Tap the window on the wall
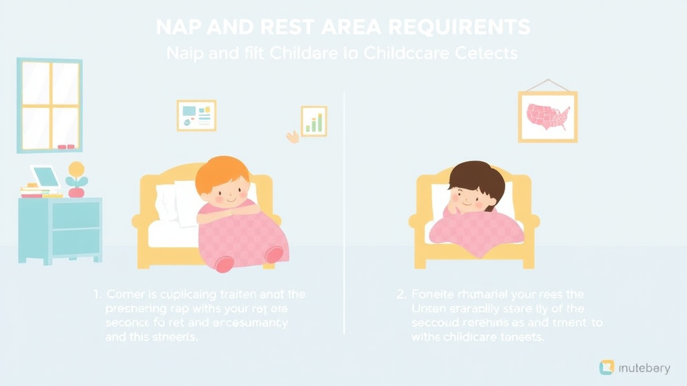coord(50,105)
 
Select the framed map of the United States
coord(547,116)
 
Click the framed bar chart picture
coord(313,121)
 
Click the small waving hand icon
coord(293,137)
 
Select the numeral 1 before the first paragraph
coord(97,294)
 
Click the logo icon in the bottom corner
coord(606,367)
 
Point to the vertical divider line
coord(344,214)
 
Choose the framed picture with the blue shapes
coord(197,115)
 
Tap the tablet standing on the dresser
coord(45,177)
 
